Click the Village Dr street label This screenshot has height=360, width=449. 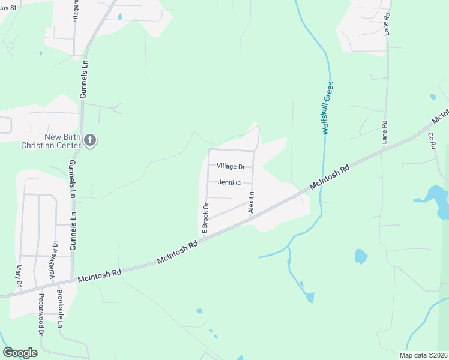coord(231,166)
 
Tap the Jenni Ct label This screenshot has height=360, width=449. coord(230,182)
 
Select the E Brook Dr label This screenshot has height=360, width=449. coord(205,218)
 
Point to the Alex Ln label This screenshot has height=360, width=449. coord(252,202)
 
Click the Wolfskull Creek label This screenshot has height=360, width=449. coord(328,108)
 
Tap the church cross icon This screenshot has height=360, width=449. coord(90,141)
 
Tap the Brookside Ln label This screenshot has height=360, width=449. coord(60,309)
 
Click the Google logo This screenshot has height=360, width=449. coord(20,353)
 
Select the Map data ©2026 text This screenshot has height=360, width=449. coord(423,355)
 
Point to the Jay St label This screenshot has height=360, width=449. coord(8,7)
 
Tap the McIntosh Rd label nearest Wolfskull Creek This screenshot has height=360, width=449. coord(330,178)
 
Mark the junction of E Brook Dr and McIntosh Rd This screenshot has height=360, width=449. coord(203,237)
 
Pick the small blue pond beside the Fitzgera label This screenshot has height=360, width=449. coord(119,17)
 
